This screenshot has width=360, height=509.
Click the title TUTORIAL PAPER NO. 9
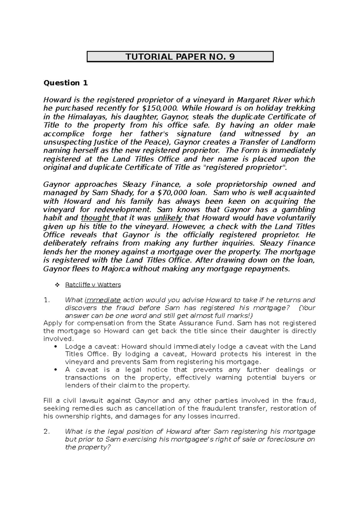pyautogui.click(x=180, y=57)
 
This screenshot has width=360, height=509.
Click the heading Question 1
pyautogui.click(x=66, y=83)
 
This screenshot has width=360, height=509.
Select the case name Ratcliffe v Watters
pyautogui.click(x=93, y=285)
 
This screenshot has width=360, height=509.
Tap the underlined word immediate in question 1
pyautogui.click(x=103, y=300)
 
